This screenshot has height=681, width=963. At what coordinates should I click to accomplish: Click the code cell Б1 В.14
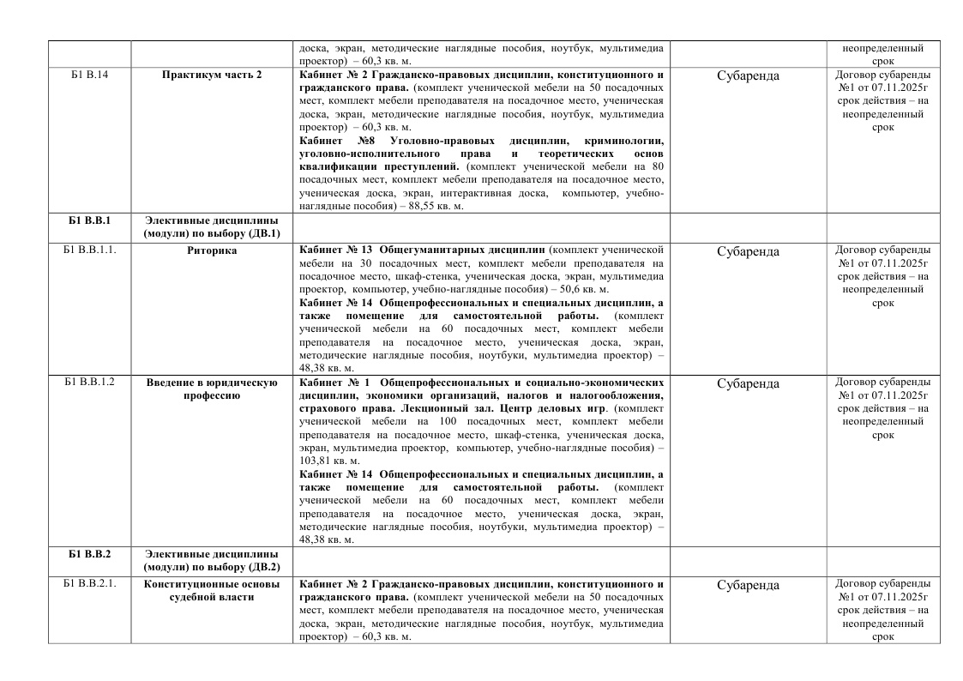[x=89, y=75]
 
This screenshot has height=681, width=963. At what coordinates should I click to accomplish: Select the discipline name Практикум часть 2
[x=212, y=75]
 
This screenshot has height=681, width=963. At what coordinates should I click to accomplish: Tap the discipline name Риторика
[x=212, y=251]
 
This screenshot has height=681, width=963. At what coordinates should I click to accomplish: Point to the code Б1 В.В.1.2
[x=89, y=383]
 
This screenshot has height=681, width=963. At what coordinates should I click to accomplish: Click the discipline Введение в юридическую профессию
[x=212, y=389]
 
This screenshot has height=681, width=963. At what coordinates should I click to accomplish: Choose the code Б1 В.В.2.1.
[x=89, y=585]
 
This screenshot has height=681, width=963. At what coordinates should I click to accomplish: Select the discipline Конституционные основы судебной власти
[x=212, y=591]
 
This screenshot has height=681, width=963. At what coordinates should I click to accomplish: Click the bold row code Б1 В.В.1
[x=89, y=220]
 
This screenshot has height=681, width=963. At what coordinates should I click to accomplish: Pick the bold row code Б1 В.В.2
[x=89, y=553]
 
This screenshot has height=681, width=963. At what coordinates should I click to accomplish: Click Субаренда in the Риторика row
[x=748, y=252]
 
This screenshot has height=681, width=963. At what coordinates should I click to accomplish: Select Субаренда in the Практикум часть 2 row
[x=748, y=75]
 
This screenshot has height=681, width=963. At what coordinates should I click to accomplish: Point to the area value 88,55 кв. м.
[x=431, y=206]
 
